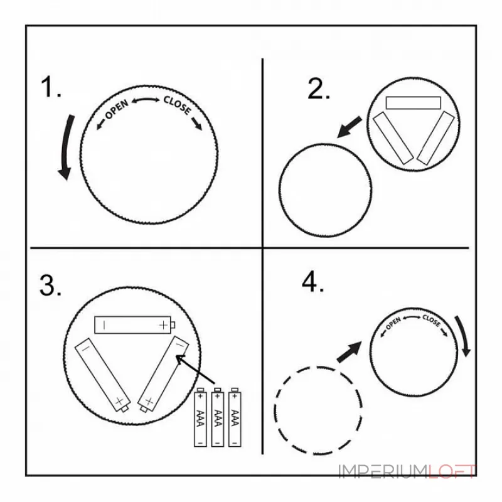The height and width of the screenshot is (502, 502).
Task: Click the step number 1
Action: (51, 87)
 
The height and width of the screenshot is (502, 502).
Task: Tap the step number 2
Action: (318, 88)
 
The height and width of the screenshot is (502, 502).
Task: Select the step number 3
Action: (50, 285)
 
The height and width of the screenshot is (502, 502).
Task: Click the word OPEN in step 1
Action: (117, 109)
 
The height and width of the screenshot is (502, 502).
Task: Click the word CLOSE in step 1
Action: (178, 105)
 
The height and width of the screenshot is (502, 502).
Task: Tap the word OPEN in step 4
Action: (393, 323)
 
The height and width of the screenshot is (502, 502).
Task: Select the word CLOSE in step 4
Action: (432, 321)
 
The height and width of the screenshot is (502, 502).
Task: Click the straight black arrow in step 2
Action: (349, 127)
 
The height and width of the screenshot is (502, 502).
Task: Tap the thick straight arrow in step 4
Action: (349, 352)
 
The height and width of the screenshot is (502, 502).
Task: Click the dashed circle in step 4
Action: (275, 410)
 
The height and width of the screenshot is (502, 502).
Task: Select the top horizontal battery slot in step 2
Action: (413, 103)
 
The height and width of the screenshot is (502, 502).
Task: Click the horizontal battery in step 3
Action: (134, 325)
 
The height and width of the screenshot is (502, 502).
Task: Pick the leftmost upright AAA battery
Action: (200, 417)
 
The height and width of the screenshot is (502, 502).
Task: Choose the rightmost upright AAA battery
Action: (235, 417)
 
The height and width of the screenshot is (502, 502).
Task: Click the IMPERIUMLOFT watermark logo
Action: (407, 471)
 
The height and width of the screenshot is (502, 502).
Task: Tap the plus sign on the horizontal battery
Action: (164, 325)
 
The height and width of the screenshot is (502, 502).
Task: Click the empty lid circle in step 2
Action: (279, 190)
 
